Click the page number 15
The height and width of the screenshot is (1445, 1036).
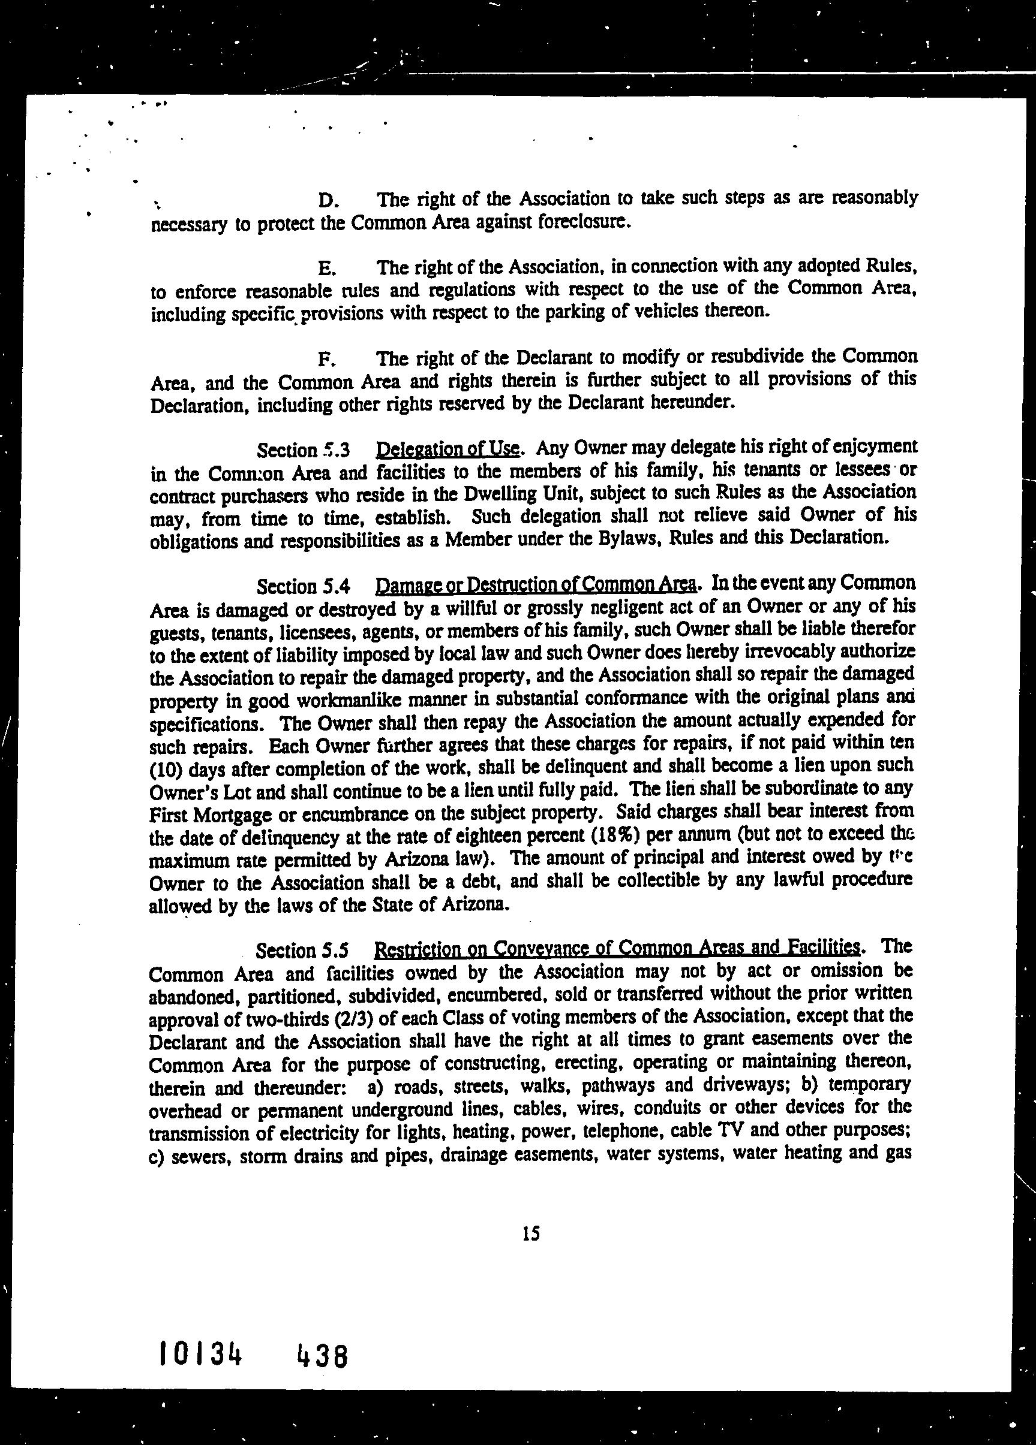(x=530, y=1234)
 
